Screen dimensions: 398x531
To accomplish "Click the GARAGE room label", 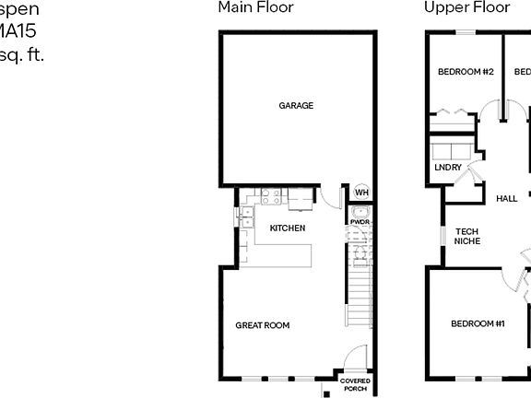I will (x=296, y=105).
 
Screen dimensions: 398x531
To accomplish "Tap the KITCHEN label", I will (x=287, y=228).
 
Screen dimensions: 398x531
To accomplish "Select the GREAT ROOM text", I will (x=262, y=325).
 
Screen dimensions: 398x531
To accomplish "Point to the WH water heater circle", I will (x=361, y=193).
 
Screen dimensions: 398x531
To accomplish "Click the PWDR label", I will (x=360, y=222).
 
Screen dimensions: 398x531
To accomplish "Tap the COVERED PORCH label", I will (x=355, y=384).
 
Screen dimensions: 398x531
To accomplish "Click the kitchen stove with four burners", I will (x=270, y=195).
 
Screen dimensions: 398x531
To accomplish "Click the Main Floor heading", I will (x=255, y=7).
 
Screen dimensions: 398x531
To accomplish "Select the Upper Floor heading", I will (x=466, y=7).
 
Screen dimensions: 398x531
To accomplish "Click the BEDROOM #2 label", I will (x=466, y=72).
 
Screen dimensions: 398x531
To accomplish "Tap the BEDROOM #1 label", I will (x=478, y=323).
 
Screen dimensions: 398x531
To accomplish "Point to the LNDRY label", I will (x=448, y=168).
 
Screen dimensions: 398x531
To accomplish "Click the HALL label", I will (x=506, y=198).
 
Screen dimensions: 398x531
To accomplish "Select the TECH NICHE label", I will (x=467, y=236).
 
